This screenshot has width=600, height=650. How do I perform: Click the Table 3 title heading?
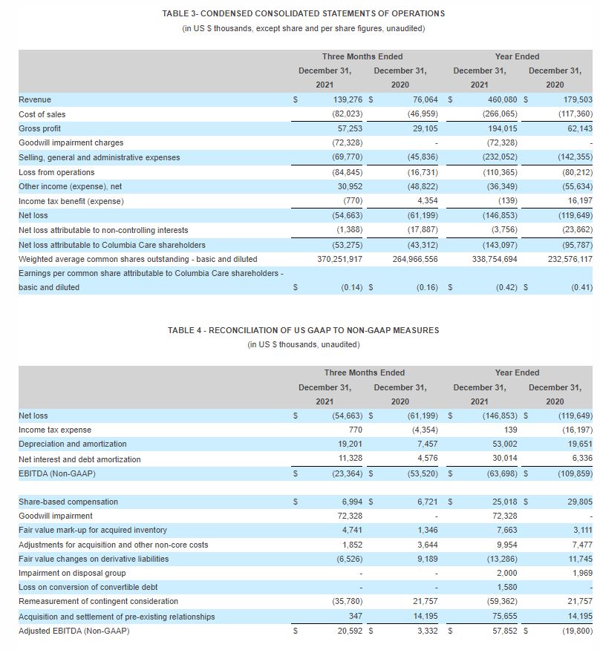(303, 13)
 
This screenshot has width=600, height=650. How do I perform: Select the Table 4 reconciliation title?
(303, 330)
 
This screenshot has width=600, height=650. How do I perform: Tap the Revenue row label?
(35, 99)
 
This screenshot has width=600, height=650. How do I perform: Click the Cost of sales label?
(42, 114)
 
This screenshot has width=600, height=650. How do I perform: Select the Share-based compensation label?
(68, 502)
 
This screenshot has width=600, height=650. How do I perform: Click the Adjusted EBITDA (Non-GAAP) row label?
(74, 631)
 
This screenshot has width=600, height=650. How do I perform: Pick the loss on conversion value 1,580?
(506, 588)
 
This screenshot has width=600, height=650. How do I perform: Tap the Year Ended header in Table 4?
(517, 372)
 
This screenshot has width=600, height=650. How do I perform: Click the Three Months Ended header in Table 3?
(362, 56)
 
